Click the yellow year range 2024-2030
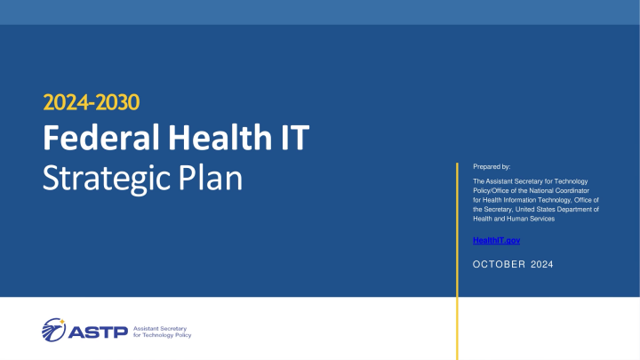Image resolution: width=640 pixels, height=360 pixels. pyautogui.click(x=92, y=103)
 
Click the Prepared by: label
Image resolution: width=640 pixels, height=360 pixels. pyautogui.click(x=492, y=166)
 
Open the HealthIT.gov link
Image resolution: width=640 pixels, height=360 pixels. pyautogui.click(x=496, y=241)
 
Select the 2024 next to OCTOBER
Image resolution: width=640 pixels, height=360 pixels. pyautogui.click(x=541, y=263)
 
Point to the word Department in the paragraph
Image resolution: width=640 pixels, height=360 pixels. pyautogui.click(x=577, y=209)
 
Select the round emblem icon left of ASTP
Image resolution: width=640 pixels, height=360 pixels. pyautogui.click(x=52, y=328)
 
